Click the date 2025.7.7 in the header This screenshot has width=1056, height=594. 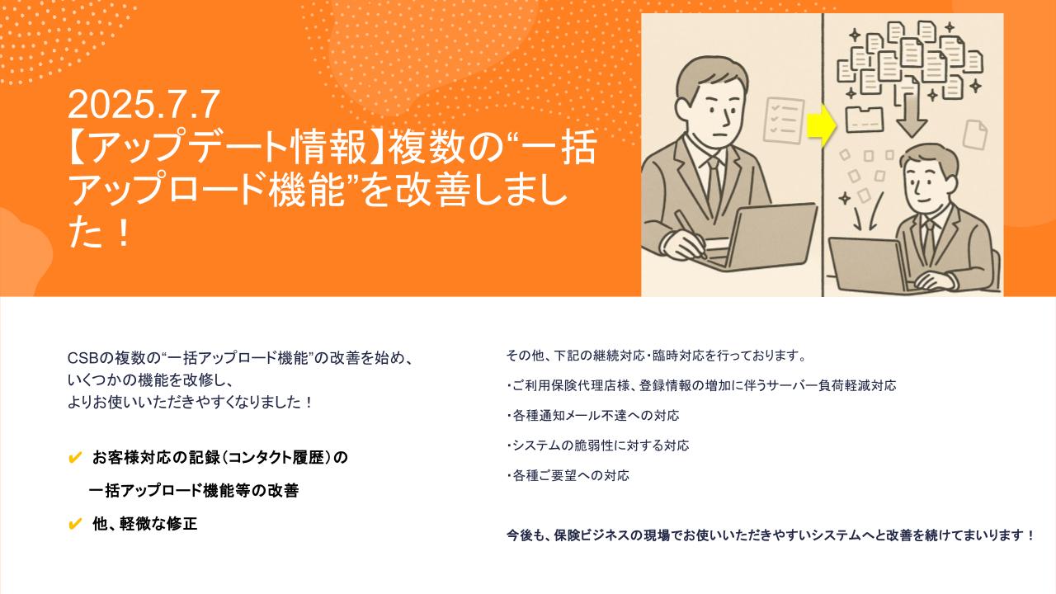click(144, 105)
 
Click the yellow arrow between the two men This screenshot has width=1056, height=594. click(822, 125)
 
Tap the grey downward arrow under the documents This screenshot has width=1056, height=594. click(912, 113)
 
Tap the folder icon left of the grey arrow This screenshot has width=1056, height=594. click(865, 120)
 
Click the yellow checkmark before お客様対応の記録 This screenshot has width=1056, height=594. click(75, 457)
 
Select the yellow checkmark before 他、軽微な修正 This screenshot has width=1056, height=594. click(75, 524)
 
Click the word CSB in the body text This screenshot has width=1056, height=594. click(83, 358)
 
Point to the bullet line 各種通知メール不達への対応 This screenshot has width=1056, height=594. click(593, 416)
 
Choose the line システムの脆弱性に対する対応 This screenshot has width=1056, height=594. click(598, 445)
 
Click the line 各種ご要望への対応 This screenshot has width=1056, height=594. click(568, 476)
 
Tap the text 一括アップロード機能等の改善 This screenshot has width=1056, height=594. click(194, 491)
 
